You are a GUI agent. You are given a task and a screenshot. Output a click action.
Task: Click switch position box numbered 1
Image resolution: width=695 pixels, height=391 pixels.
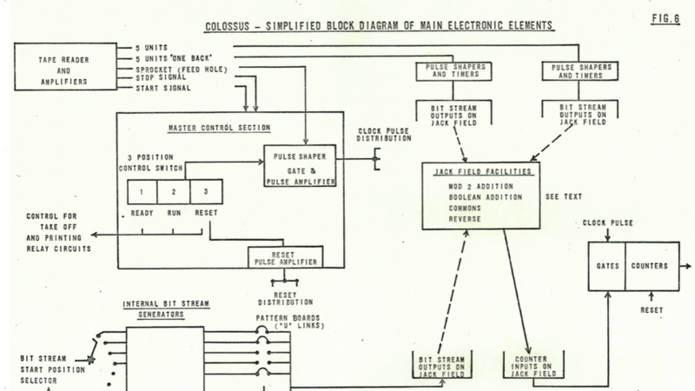[x=142, y=191]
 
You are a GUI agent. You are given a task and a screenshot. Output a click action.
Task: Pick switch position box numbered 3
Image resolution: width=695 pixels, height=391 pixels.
[x=206, y=191]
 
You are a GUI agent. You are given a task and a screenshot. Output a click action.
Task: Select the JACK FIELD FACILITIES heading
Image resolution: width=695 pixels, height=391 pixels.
[x=481, y=173]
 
